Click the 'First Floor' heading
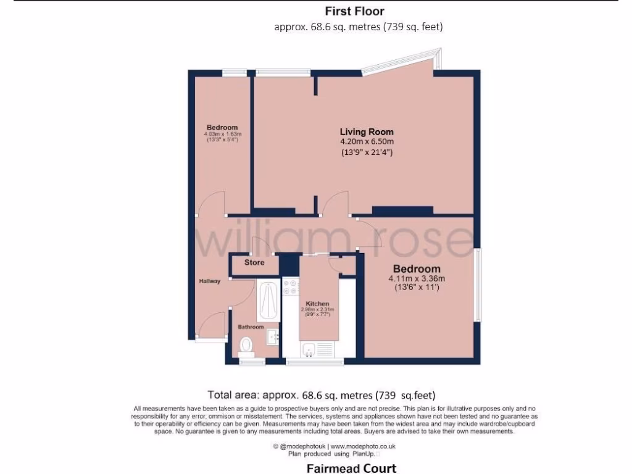tap(354, 11)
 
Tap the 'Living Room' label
tap(367, 131)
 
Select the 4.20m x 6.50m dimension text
tap(367, 141)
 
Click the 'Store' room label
tap(254, 262)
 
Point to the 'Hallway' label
tap(210, 281)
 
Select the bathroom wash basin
tap(273, 336)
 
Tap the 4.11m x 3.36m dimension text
tap(417, 278)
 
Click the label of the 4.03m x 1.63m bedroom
tap(223, 128)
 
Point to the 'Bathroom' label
tap(251, 327)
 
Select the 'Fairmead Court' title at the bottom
tap(351, 468)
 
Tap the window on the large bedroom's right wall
tap(477, 285)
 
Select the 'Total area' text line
tap(325, 394)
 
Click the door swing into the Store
tap(259, 246)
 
